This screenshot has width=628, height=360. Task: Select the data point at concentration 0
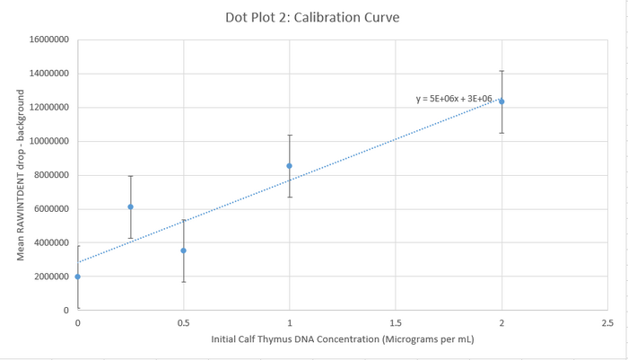click(x=78, y=277)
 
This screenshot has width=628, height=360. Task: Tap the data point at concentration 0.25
click(x=131, y=206)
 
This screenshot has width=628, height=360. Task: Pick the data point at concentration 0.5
click(x=184, y=250)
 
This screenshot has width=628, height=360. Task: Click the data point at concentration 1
click(x=289, y=166)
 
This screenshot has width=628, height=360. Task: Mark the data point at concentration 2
click(x=502, y=101)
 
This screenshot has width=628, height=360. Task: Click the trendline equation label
click(x=455, y=99)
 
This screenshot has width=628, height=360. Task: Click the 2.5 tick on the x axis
click(x=607, y=321)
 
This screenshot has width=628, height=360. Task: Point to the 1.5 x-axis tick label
click(x=396, y=321)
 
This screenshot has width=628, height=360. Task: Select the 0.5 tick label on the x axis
click(x=184, y=321)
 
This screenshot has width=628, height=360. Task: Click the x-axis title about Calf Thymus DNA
click(x=342, y=339)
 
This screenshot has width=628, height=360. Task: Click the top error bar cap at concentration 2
click(x=502, y=71)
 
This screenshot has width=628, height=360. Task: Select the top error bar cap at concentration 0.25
click(x=131, y=176)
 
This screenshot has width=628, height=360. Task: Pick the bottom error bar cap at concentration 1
click(x=289, y=197)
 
